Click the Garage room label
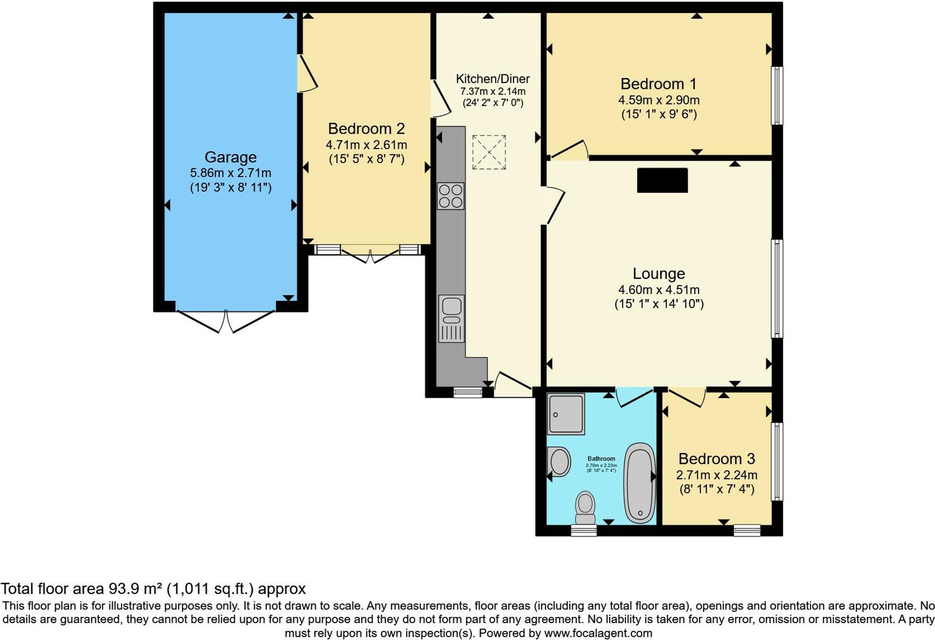coord(230,157)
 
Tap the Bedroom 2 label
coord(366,129)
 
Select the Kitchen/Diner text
coord(493,79)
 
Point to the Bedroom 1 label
coord(658,84)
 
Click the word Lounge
coord(659,274)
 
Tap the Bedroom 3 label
coord(717,459)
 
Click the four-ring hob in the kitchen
coord(451,196)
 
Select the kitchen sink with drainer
coord(451,319)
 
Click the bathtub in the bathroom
coord(640,483)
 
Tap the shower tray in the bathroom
coord(566,414)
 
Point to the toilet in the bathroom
coord(585,508)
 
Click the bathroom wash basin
coord(559,462)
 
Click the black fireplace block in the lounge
coord(662,180)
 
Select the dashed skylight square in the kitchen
coord(489,152)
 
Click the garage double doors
coord(226,321)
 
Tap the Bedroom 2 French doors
coord(370,255)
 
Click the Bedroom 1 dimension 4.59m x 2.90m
coord(659,100)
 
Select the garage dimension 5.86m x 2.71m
coord(230,173)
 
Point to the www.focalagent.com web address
coord(598,633)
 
